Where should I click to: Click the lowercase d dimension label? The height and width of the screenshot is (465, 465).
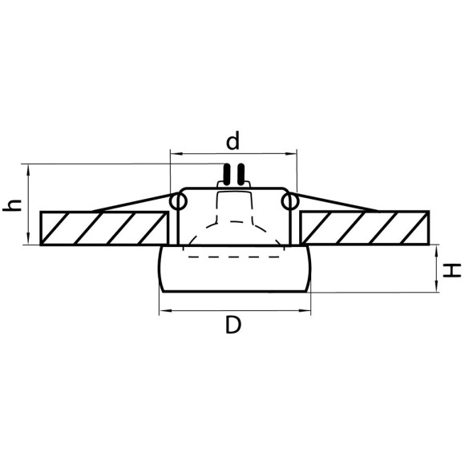coord(232,143)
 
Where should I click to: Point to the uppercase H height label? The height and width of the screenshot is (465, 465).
coord(453,270)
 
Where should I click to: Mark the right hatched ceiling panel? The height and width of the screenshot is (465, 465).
coord(365,228)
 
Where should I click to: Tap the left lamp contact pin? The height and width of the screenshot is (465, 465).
coord(227,173)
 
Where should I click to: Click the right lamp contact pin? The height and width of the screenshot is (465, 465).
coord(239,173)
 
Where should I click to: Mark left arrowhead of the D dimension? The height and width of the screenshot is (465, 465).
coord(164,310)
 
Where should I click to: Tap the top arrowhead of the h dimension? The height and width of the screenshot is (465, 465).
coord(29,168)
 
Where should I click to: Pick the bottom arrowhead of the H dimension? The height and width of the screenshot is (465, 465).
coord(437,289)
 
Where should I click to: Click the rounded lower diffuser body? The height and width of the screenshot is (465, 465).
coord(232,277)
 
